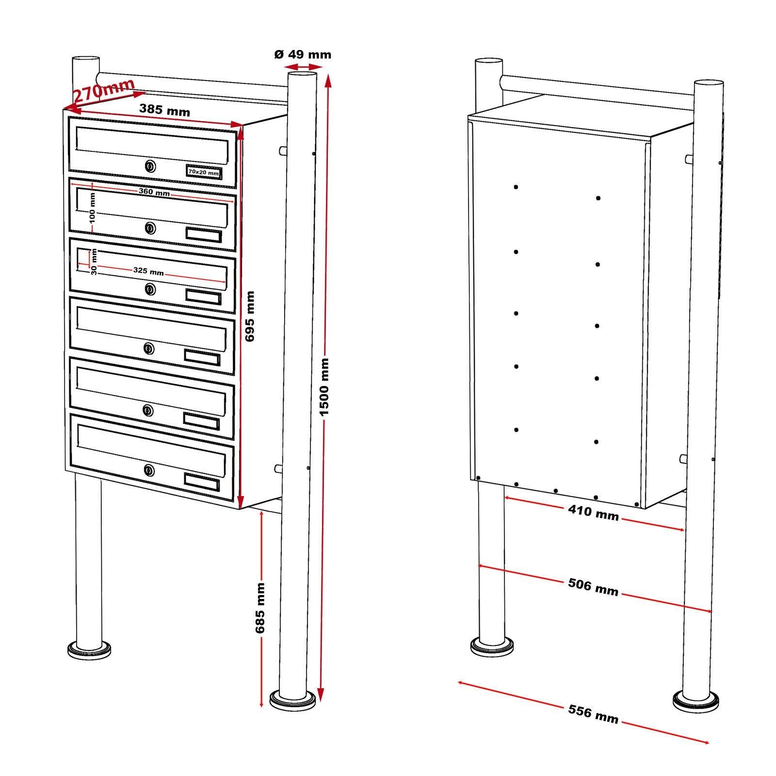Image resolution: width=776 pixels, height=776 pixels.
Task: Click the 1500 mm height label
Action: point(324,387)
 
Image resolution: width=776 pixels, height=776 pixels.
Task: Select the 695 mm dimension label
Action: point(250,316)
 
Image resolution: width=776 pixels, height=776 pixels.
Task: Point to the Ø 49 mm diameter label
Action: point(303,54)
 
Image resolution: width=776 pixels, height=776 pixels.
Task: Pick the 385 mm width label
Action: point(164,110)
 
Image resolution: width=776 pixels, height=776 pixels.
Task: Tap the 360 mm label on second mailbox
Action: point(154,192)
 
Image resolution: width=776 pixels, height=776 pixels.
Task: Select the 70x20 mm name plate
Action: point(204,172)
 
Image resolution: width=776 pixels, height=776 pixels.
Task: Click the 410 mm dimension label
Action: point(593,512)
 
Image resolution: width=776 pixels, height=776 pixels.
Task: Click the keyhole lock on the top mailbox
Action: point(150,167)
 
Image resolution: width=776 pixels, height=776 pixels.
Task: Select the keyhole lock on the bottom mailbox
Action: point(149,469)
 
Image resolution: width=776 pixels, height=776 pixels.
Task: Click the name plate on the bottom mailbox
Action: point(202,481)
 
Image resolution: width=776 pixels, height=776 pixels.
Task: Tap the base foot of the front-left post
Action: point(89,649)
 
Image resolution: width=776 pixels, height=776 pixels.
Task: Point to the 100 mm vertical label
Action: point(93,207)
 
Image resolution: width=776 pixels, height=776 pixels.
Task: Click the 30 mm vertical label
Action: point(94,262)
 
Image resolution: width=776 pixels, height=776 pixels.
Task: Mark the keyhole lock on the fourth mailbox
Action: point(149,348)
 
